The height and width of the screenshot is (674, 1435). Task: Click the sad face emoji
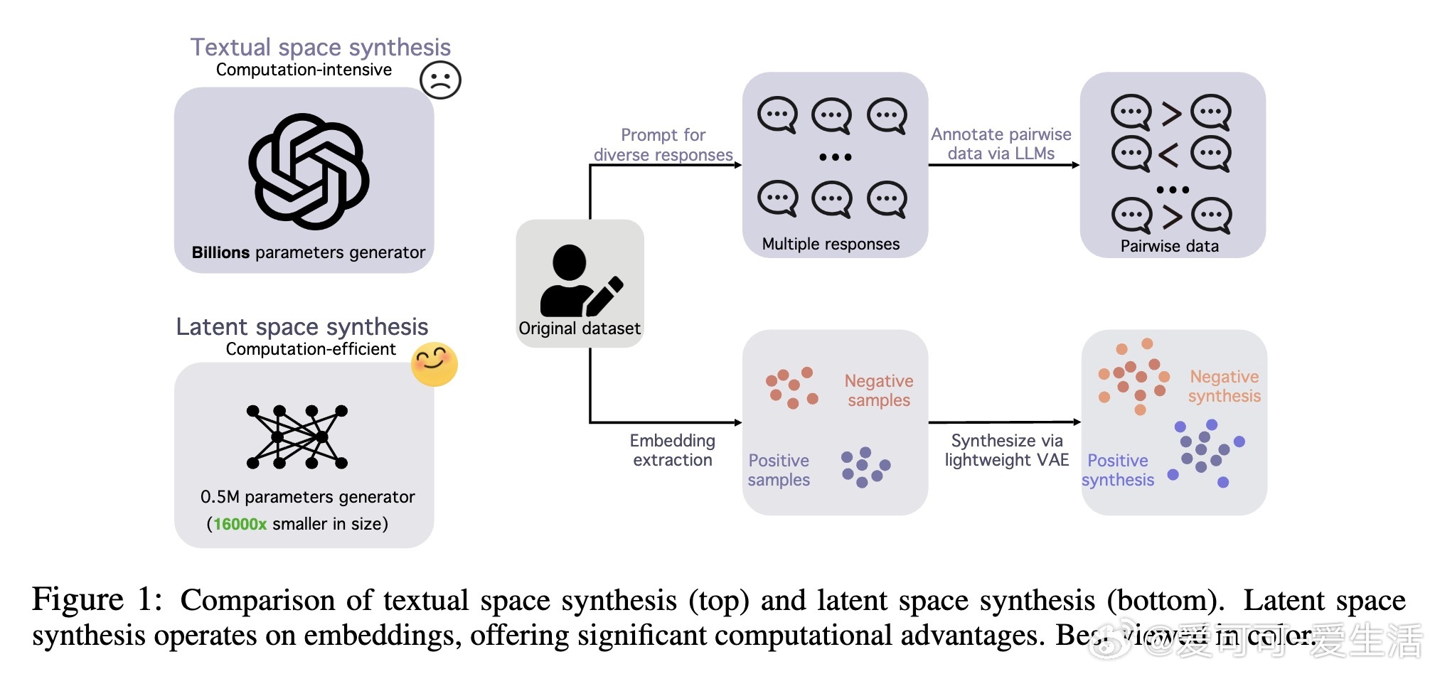[440, 80]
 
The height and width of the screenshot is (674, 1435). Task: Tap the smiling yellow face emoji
[434, 364]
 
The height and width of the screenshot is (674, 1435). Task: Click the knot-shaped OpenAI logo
[309, 171]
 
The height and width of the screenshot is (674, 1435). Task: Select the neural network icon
[297, 437]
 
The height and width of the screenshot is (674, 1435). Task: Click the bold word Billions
[220, 252]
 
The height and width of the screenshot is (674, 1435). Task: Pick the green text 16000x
[240, 524]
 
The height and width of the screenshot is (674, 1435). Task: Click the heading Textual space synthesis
[320, 47]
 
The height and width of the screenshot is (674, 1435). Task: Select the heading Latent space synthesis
[302, 326]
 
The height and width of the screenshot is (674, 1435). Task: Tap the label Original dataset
[579, 328]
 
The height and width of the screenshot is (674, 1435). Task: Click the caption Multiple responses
[831, 244]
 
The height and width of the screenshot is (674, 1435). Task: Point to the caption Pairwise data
[1169, 246]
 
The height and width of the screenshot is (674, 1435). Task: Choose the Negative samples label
[878, 390]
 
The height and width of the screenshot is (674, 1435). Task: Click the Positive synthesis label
[1117, 470]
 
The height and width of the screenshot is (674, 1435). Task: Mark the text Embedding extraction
[672, 450]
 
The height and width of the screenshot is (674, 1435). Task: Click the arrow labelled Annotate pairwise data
[1003, 165]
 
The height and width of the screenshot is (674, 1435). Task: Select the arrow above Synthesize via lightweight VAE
[1004, 422]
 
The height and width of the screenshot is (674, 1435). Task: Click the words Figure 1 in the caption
[97, 599]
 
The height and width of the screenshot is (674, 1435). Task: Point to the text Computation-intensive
[304, 70]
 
